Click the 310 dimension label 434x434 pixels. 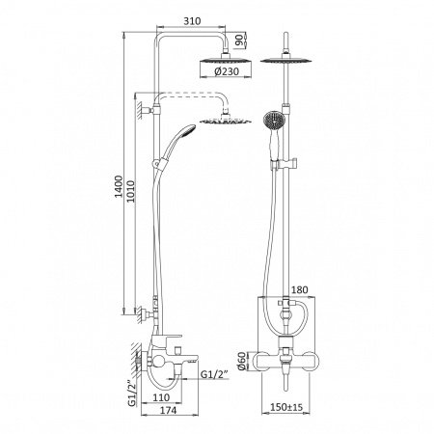tap(192, 21)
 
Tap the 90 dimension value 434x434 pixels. tap(239, 41)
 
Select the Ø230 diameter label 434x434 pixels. tap(227, 71)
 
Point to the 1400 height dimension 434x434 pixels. tap(119, 186)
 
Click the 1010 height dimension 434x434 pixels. tap(130, 191)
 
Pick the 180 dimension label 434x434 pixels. tap(299, 289)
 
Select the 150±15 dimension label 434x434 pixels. tap(286, 407)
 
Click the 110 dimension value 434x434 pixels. tap(161, 397)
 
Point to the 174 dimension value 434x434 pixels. tap(168, 410)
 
